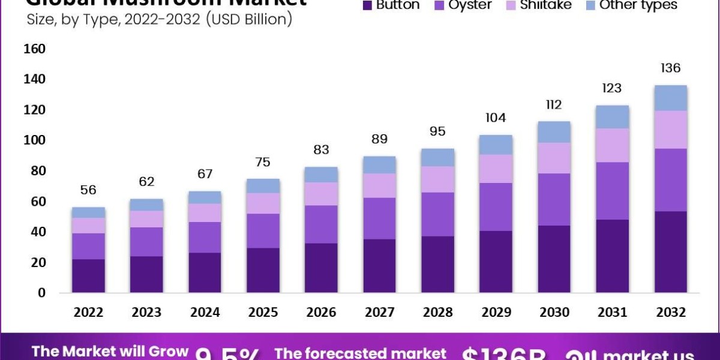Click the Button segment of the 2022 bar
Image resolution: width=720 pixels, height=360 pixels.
[89, 276]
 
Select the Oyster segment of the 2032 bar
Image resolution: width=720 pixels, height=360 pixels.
[670, 180]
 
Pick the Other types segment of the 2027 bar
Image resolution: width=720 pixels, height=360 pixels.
[379, 165]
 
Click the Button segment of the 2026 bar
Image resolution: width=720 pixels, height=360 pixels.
[321, 268]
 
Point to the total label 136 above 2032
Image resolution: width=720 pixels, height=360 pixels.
[670, 68]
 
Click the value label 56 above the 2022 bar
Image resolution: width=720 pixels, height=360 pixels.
[89, 190]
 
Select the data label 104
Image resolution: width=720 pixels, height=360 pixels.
[496, 118]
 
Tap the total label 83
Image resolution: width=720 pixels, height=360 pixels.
[321, 150]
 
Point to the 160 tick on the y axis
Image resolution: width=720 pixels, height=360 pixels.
[34, 49]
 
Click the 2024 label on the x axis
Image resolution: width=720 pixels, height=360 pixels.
[205, 313]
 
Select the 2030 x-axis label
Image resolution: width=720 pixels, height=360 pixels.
[554, 313]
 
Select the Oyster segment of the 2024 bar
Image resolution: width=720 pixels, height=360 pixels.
[205, 238]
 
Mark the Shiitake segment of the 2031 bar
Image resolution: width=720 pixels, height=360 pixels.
[612, 145]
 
